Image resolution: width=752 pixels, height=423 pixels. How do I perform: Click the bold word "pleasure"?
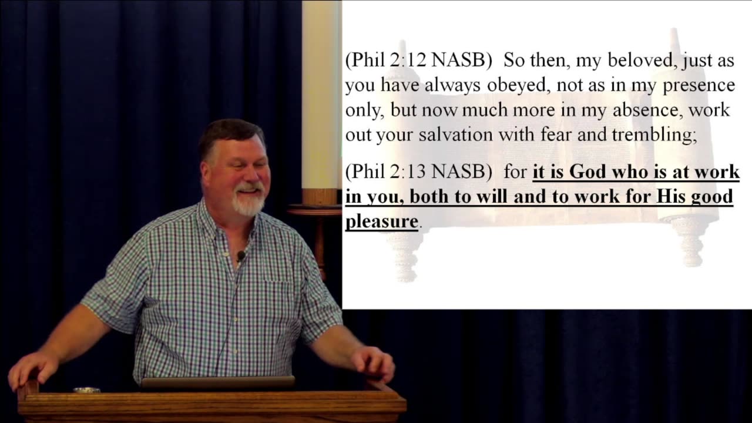[x=382, y=222]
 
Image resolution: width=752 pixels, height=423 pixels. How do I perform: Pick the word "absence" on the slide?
[x=648, y=110]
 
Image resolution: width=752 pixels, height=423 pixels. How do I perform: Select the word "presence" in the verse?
[x=699, y=86]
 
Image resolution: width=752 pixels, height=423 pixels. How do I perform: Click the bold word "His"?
[x=671, y=196]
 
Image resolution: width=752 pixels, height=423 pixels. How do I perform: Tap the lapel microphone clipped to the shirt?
[x=241, y=257]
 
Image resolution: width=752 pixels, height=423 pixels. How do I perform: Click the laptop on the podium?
[x=217, y=382]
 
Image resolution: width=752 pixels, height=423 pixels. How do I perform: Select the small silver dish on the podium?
[x=86, y=391]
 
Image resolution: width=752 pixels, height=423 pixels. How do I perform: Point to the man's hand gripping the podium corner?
[x=33, y=370]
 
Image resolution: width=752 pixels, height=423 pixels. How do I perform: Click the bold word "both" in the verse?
[x=431, y=196]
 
